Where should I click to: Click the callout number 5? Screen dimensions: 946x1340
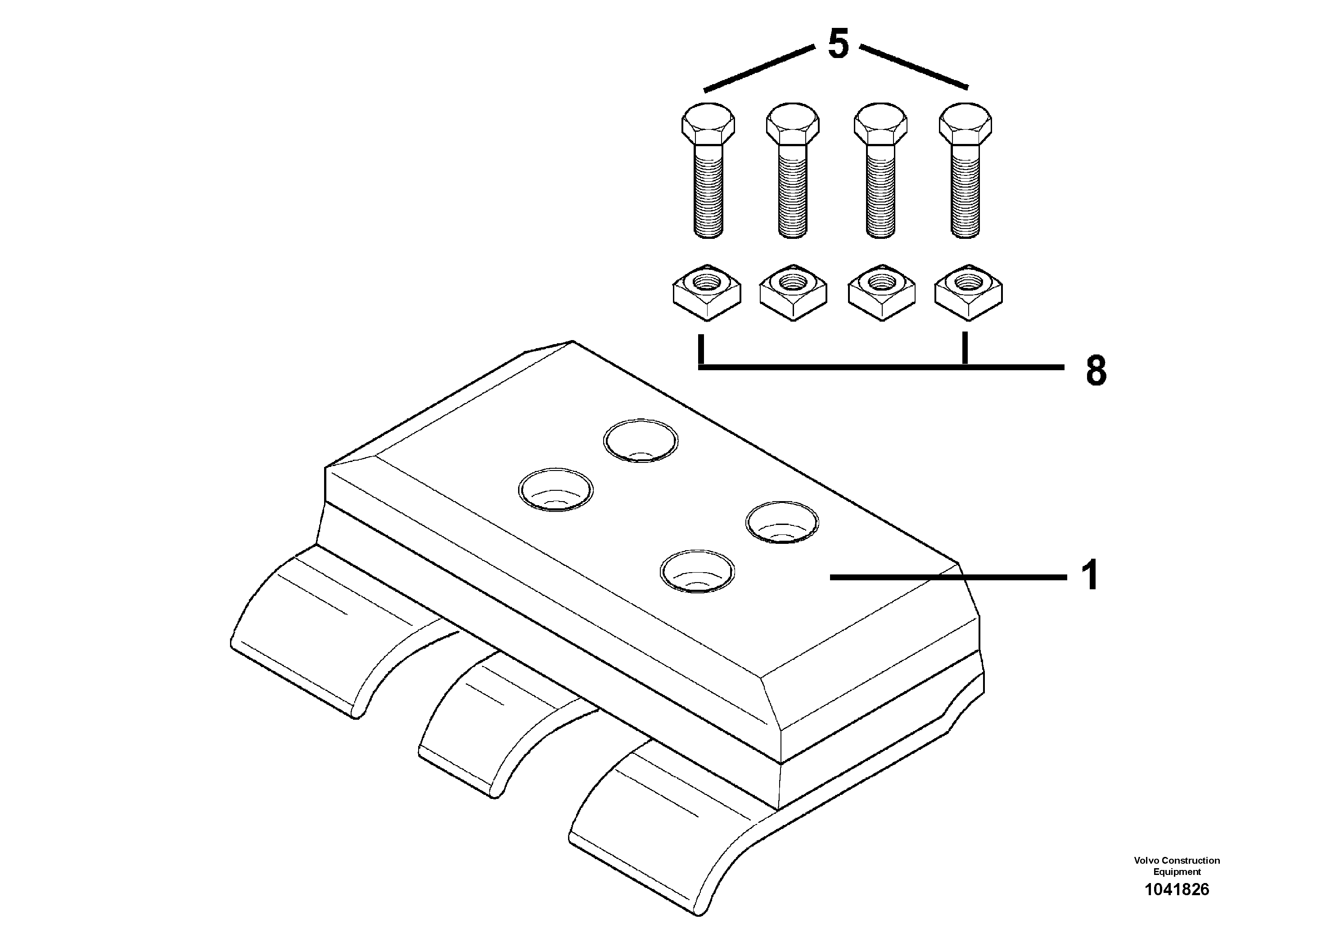pos(838,45)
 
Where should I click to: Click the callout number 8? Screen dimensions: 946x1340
pos(1096,371)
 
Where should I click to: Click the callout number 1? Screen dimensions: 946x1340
pos(1090,575)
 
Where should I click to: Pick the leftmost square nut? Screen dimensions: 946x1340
pos(707,291)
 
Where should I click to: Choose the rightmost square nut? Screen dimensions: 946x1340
pos(968,291)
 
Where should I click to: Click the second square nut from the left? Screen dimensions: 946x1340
pos(794,291)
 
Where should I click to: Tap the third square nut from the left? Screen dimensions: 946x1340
pos(881,291)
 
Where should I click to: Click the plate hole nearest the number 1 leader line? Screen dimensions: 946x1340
pos(782,523)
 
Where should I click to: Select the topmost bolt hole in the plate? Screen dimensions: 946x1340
pos(640,441)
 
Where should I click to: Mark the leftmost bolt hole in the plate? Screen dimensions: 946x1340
pos(555,489)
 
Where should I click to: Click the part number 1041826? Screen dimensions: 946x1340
pos(1177,889)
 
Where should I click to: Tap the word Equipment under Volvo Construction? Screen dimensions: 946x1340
pos(1177,872)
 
